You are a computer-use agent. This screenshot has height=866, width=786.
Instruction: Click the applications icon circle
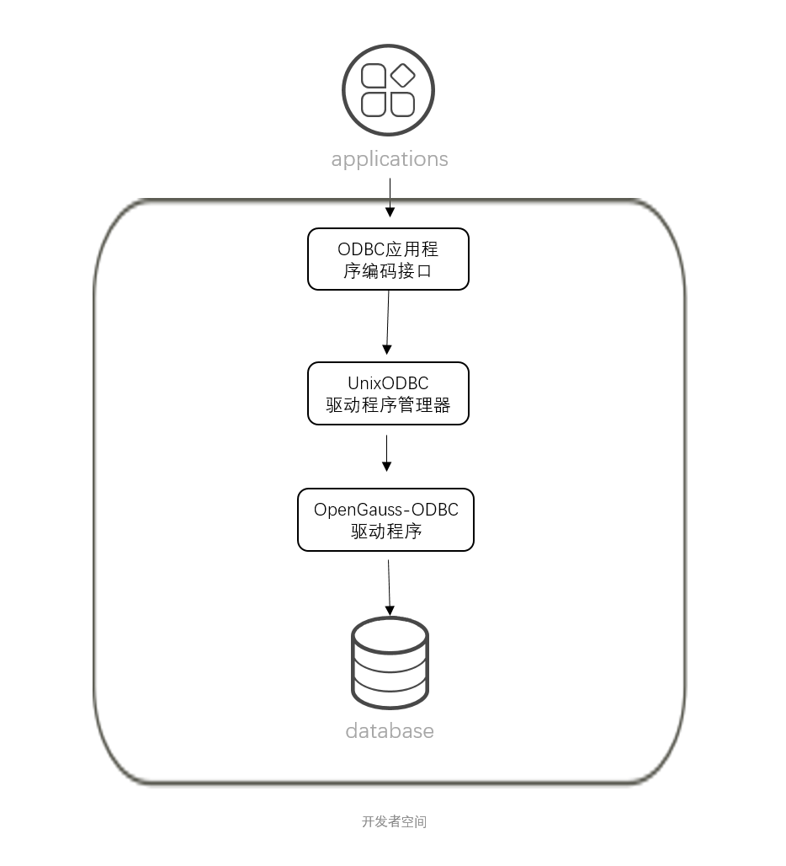coord(388,90)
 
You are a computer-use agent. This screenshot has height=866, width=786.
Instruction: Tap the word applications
coord(390,159)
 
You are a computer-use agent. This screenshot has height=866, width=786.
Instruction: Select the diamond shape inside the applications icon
coord(403,76)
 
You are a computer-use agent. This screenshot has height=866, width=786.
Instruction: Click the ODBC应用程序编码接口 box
coord(388,259)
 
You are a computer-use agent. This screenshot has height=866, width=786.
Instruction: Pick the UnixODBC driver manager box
coord(388,393)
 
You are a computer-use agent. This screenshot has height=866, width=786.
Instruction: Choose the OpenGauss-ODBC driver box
coord(386,520)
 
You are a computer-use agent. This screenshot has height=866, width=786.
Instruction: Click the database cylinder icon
coord(390,663)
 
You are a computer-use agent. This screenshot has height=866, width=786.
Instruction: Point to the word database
coord(390,730)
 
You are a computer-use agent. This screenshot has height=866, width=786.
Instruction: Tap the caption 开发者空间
coord(394,821)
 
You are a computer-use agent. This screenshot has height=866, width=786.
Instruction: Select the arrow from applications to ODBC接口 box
coord(389,200)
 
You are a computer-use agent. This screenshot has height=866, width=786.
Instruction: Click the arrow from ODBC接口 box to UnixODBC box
coord(388,322)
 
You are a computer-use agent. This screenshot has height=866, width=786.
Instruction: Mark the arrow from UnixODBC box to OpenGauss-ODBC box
coord(387,452)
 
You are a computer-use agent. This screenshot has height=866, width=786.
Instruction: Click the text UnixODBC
coord(388,383)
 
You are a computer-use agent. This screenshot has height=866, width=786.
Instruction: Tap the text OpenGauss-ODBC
coord(386,510)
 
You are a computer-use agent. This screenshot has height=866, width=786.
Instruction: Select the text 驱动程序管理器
coord(388,405)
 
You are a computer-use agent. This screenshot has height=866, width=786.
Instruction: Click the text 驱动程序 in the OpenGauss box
coord(386,532)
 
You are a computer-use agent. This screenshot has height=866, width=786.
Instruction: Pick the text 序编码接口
coord(388,270)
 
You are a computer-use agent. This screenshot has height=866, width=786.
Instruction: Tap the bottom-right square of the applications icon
coord(403,104)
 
